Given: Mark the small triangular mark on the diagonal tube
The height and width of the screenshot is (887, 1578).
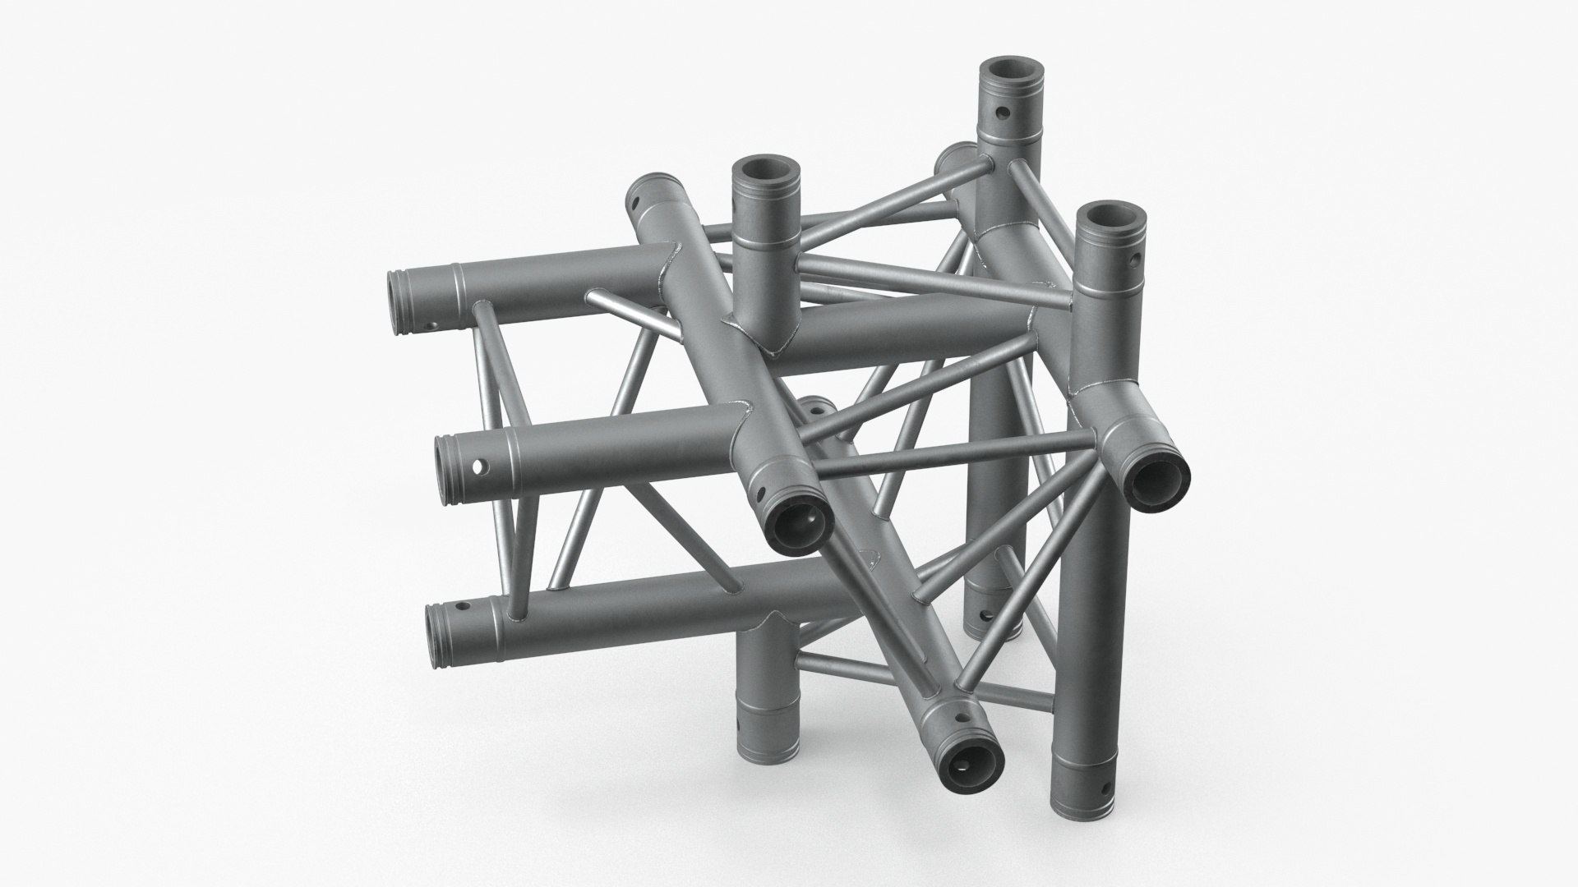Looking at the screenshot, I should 869,562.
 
